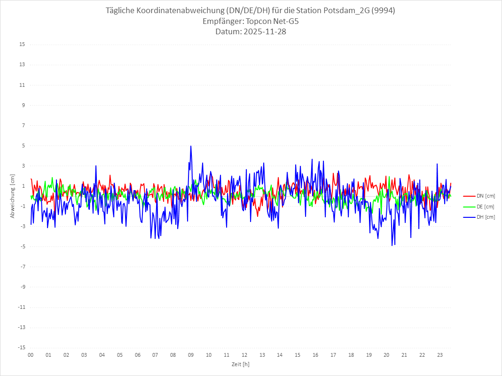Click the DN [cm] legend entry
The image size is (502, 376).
[479, 196]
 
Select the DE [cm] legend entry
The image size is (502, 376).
[479, 207]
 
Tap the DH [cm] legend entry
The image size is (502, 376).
[479, 217]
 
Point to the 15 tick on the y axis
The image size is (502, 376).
[22, 45]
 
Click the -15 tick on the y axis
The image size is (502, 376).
[21, 348]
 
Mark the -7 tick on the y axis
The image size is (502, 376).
[22, 267]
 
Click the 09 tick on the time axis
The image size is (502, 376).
[191, 355]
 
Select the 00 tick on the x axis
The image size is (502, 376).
[31, 355]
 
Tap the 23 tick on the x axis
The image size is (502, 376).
[440, 355]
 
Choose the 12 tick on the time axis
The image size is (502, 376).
[244, 355]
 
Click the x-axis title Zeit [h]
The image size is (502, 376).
[241, 364]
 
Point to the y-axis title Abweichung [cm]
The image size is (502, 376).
[13, 196]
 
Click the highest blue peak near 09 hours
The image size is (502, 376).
[191, 146]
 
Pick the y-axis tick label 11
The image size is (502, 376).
[22, 85]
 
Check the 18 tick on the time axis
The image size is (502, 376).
[351, 355]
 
